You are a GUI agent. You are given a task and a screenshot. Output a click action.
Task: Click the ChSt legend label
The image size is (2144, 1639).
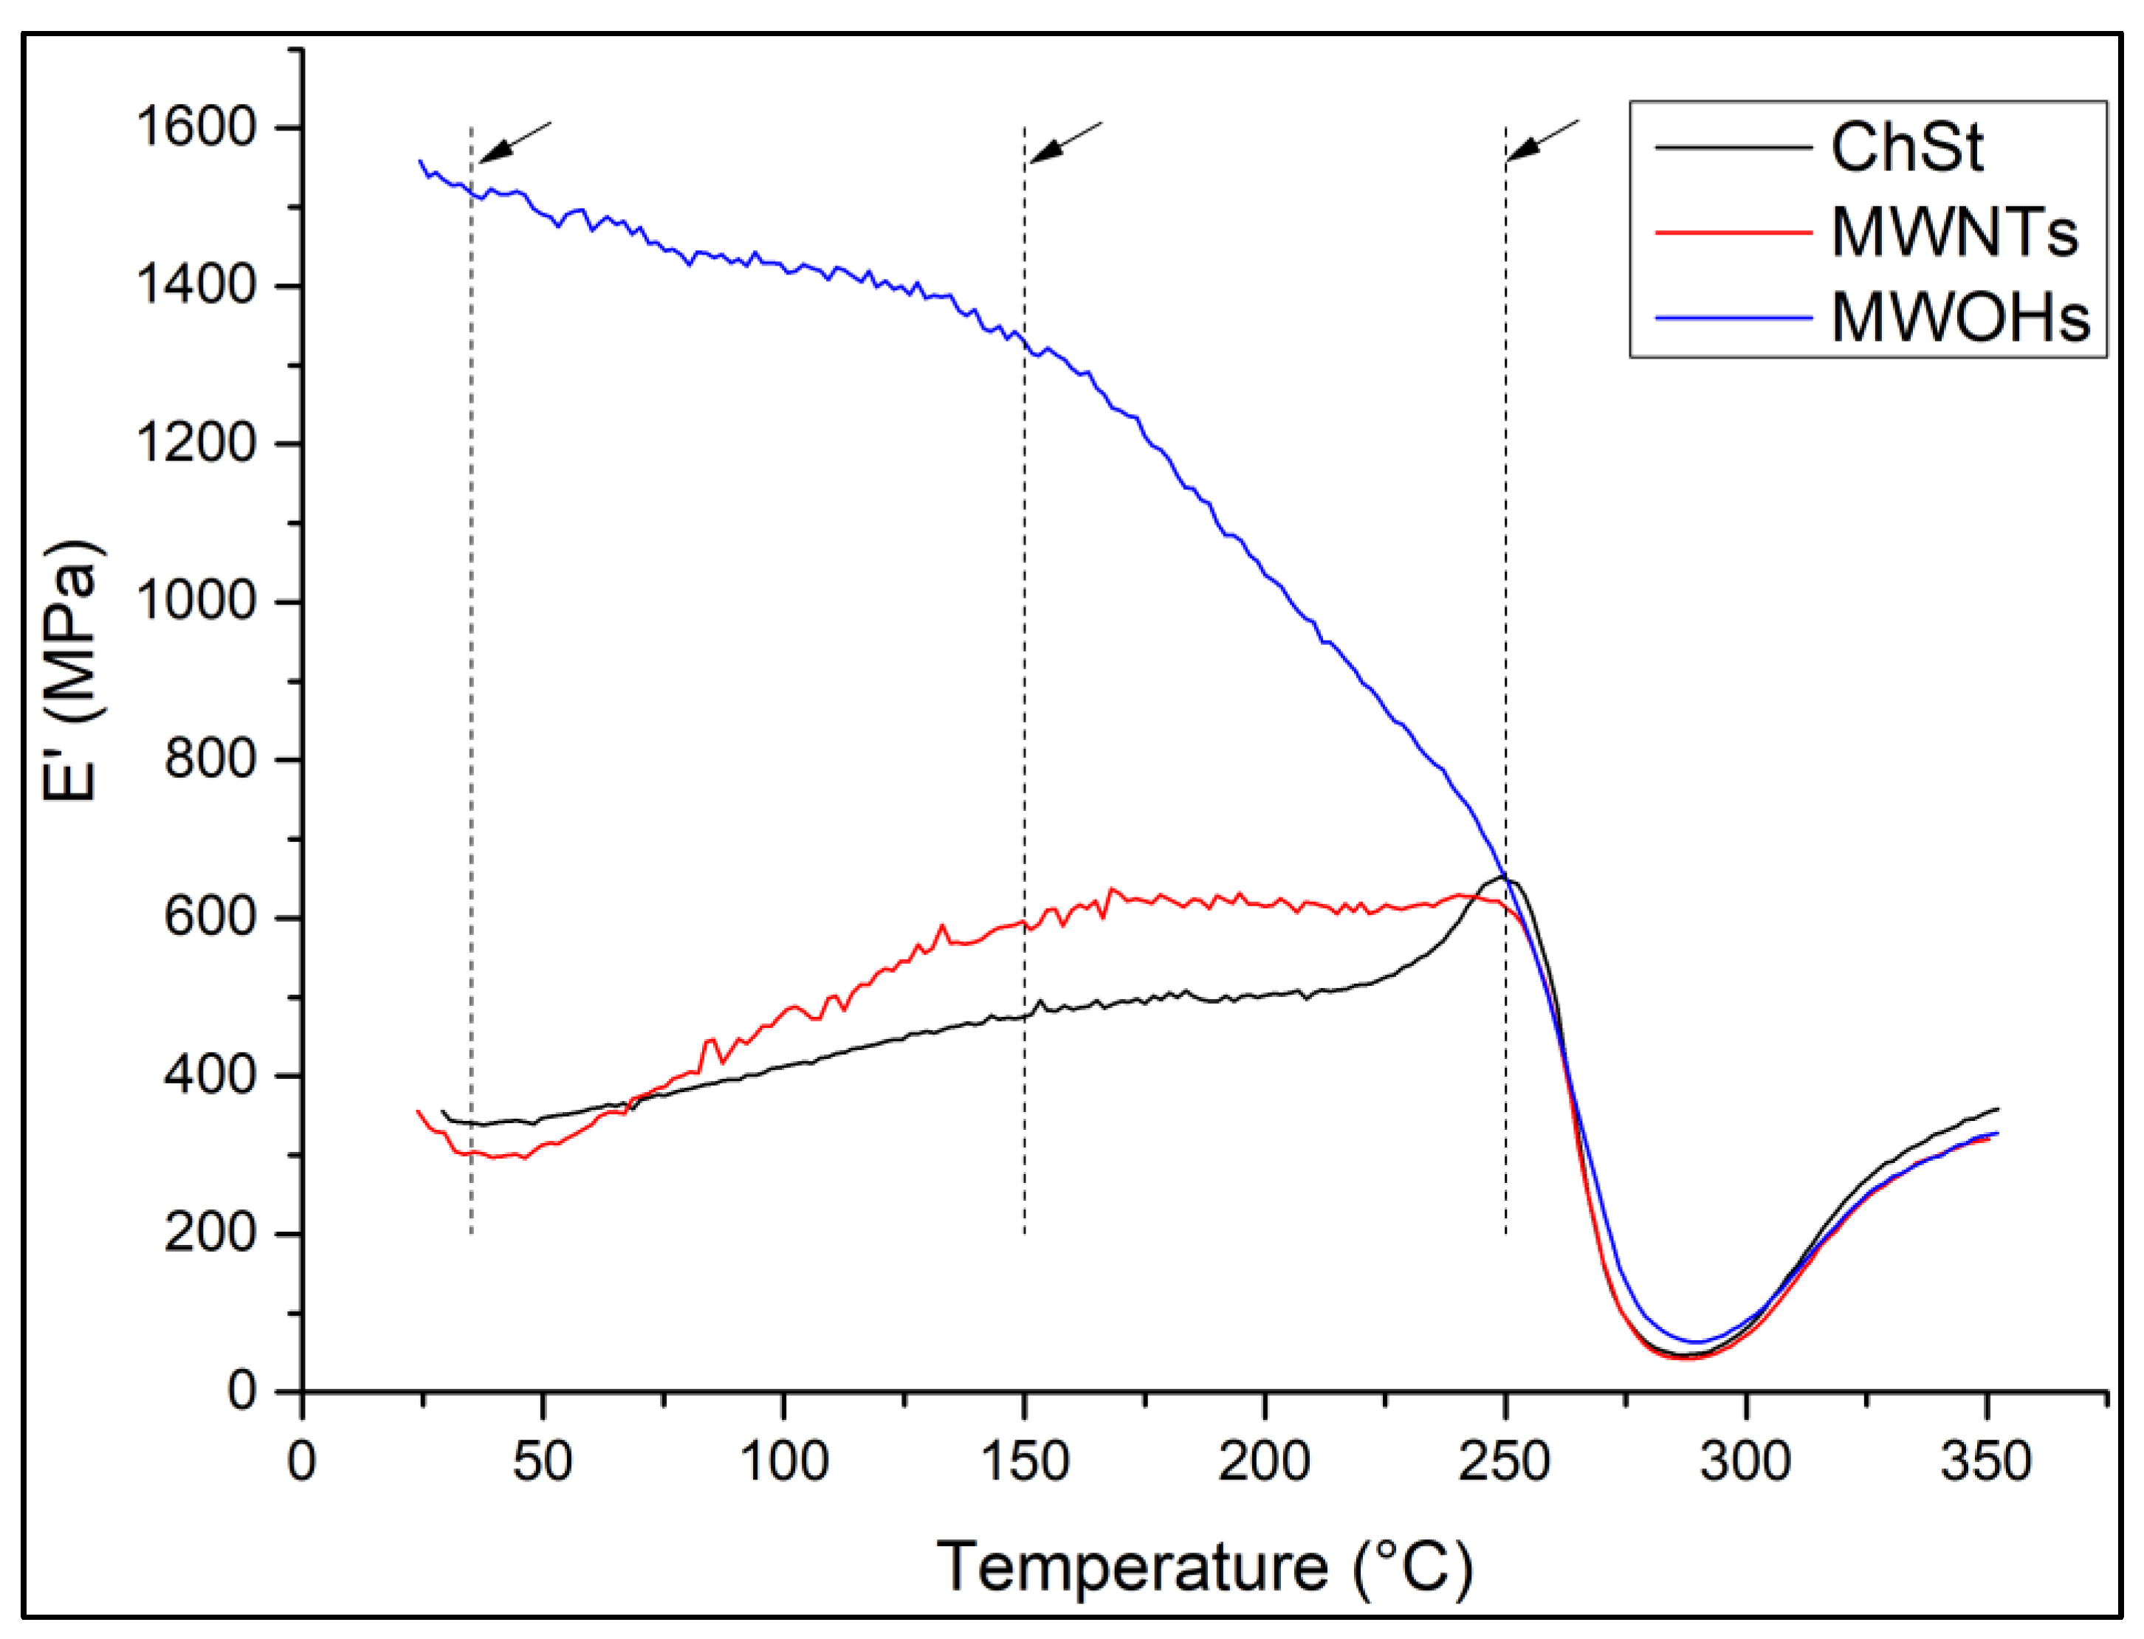pyautogui.click(x=1906, y=148)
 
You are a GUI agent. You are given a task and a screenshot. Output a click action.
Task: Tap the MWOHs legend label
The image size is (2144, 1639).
pyautogui.click(x=1959, y=318)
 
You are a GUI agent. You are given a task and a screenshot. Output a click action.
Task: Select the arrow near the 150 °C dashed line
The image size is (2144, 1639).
pyautogui.click(x=1065, y=142)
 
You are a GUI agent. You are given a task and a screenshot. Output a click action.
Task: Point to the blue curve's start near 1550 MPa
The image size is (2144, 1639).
pyautogui.click(x=421, y=161)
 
